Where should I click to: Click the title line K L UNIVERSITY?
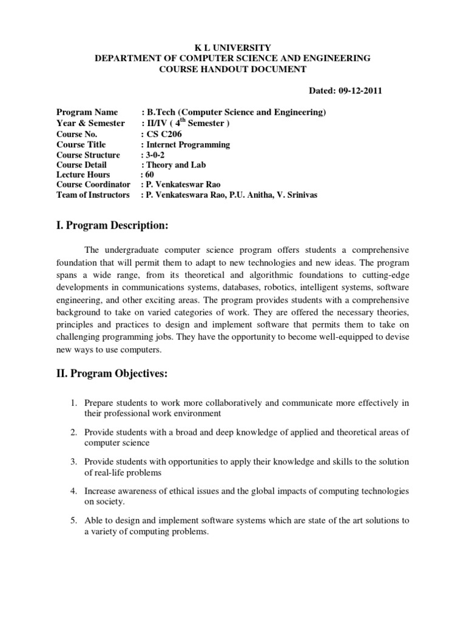pos(232,47)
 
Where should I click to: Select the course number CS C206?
pos(164,134)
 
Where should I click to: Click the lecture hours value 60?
pos(150,175)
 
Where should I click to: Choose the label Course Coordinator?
pos(93,184)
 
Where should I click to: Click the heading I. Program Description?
pos(112,226)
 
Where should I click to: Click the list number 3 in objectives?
pos(72,462)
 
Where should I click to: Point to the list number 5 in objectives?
pos(72,520)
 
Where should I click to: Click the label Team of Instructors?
pos(93,195)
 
